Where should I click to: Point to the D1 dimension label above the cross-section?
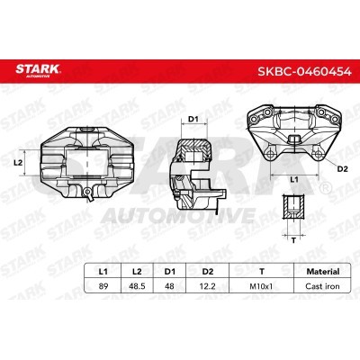click(x=192, y=118)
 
